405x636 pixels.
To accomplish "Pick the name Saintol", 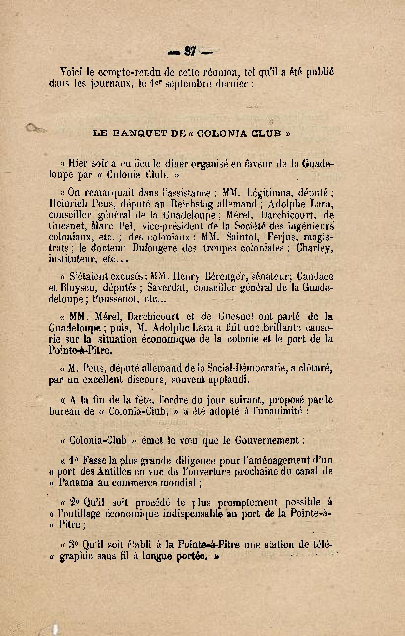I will pyautogui.click(x=243, y=237).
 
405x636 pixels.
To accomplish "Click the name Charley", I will pyautogui.click(x=314, y=248).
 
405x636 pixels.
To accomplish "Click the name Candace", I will pyautogui.click(x=315, y=277).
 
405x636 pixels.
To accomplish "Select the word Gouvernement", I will pyautogui.click(x=267, y=440).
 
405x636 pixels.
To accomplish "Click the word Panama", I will pyautogui.click(x=76, y=483).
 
